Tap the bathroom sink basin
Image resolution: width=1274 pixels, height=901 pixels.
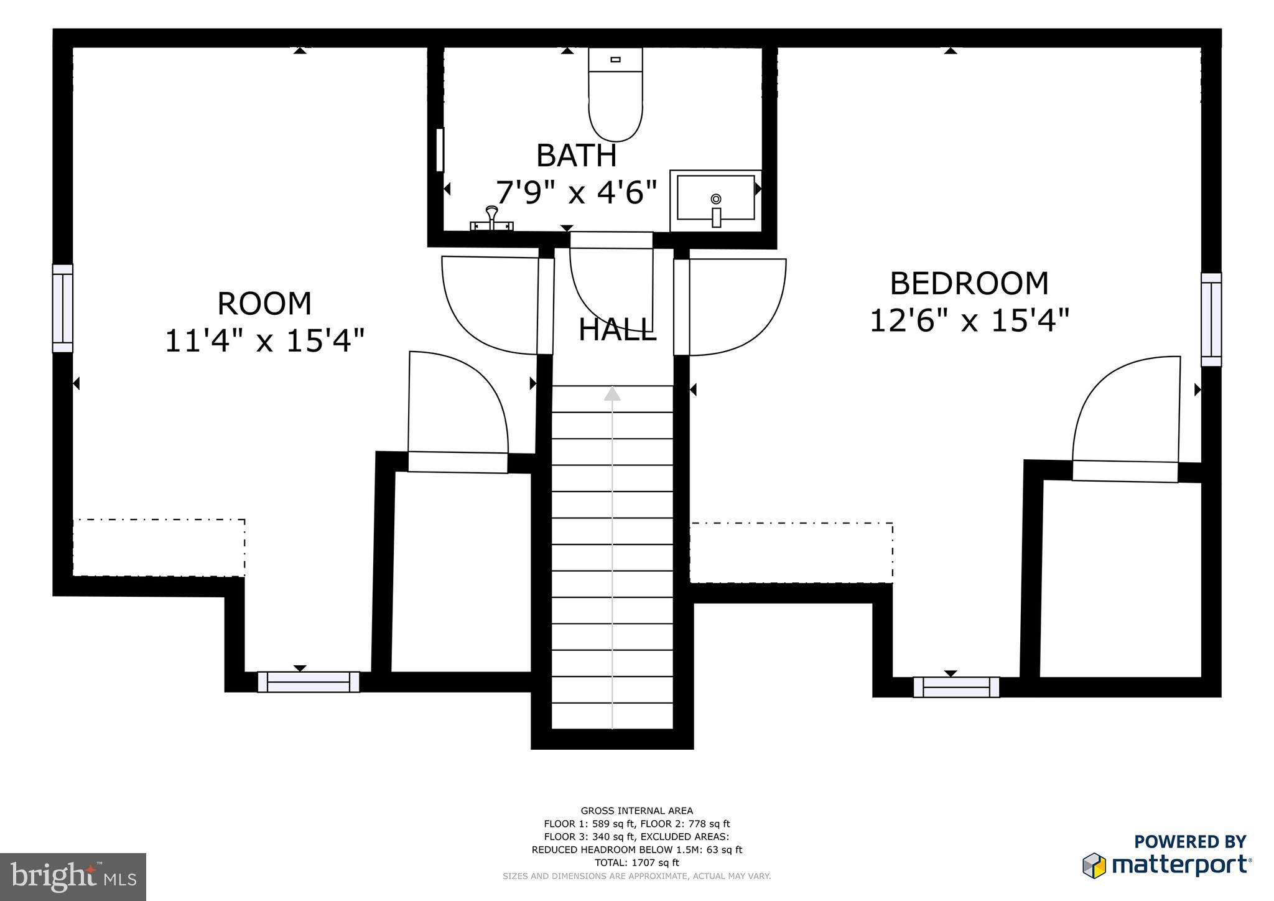(715, 198)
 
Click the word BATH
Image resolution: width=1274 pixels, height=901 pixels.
(577, 156)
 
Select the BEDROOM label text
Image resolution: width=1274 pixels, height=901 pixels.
(969, 284)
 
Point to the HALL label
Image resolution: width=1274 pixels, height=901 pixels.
(617, 330)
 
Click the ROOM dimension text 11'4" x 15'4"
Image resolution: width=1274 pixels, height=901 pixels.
(264, 342)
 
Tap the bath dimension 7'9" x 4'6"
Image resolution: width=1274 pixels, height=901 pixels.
(577, 192)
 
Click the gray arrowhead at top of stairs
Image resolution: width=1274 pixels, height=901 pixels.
(613, 394)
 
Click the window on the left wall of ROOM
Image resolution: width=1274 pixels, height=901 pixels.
(62, 309)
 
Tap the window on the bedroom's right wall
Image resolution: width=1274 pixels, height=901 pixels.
(1211, 319)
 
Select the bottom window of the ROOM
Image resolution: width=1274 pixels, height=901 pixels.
(309, 682)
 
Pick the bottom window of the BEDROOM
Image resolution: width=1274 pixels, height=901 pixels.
(957, 687)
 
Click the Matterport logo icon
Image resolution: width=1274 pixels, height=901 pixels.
(1094, 866)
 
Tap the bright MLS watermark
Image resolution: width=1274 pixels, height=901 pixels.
(73, 877)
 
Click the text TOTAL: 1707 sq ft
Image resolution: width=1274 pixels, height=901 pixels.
(636, 862)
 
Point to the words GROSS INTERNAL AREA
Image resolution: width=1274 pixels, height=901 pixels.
(636, 811)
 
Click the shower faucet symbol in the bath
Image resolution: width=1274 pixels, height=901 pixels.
(492, 219)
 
